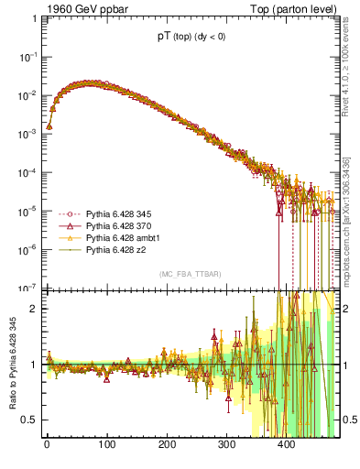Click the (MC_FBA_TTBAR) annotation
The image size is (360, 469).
pyautogui.click(x=190, y=275)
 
